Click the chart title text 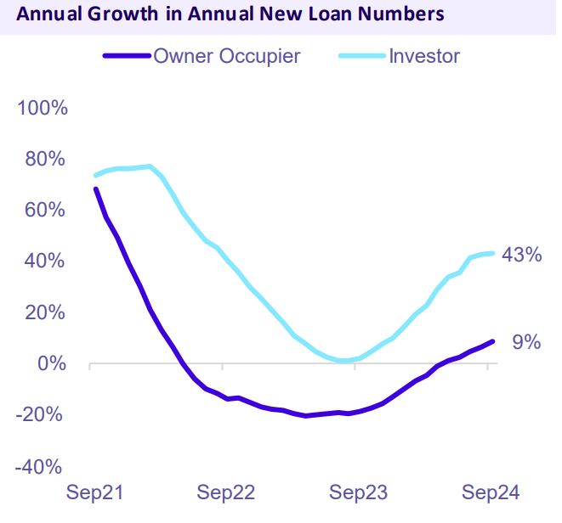click(230, 14)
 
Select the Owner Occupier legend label click(226, 57)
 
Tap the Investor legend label click(424, 57)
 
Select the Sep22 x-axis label click(225, 492)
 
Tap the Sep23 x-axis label click(359, 492)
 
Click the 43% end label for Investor click(521, 254)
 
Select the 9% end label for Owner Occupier click(526, 342)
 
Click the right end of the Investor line click(493, 253)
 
